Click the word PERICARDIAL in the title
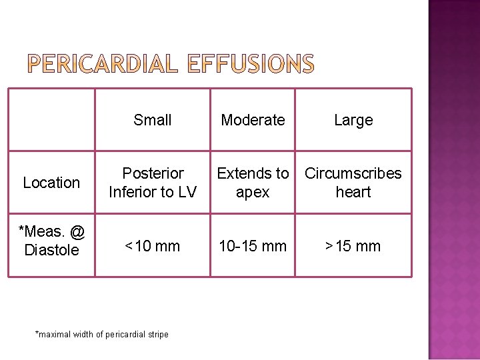click(103, 64)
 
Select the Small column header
click(153, 120)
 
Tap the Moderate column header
click(253, 120)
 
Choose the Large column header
click(353, 120)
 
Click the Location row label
click(51, 183)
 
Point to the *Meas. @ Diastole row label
click(51, 241)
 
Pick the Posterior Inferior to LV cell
click(153, 183)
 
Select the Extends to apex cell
click(253, 183)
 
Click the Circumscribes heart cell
click(353, 183)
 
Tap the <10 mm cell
click(153, 246)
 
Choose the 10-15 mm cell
click(253, 246)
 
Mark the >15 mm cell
click(353, 246)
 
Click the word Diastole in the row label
click(51, 250)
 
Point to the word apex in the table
click(253, 192)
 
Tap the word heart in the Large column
click(353, 192)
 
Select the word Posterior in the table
click(153, 173)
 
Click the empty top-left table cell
click(51, 120)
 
